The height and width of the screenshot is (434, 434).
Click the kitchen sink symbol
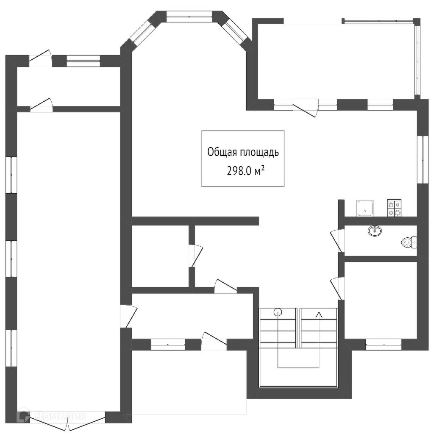coord(365,208)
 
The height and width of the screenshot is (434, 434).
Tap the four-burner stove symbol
coord(394,208)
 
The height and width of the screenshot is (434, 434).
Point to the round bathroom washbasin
coord(375,231)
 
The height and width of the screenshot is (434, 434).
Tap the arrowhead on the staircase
coord(318,314)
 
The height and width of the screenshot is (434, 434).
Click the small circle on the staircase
coord(278,313)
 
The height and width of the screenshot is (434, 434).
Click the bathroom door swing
coord(338,239)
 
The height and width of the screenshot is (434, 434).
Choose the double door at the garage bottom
coord(67,421)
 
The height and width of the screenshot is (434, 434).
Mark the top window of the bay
coord(189,16)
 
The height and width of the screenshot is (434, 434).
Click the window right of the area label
coord(422,159)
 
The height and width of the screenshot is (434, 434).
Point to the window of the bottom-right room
coord(383,344)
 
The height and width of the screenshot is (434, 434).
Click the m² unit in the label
coord(260,171)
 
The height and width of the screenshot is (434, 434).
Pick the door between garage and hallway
coord(127,316)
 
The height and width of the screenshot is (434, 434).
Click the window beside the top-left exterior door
coord(83,61)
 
